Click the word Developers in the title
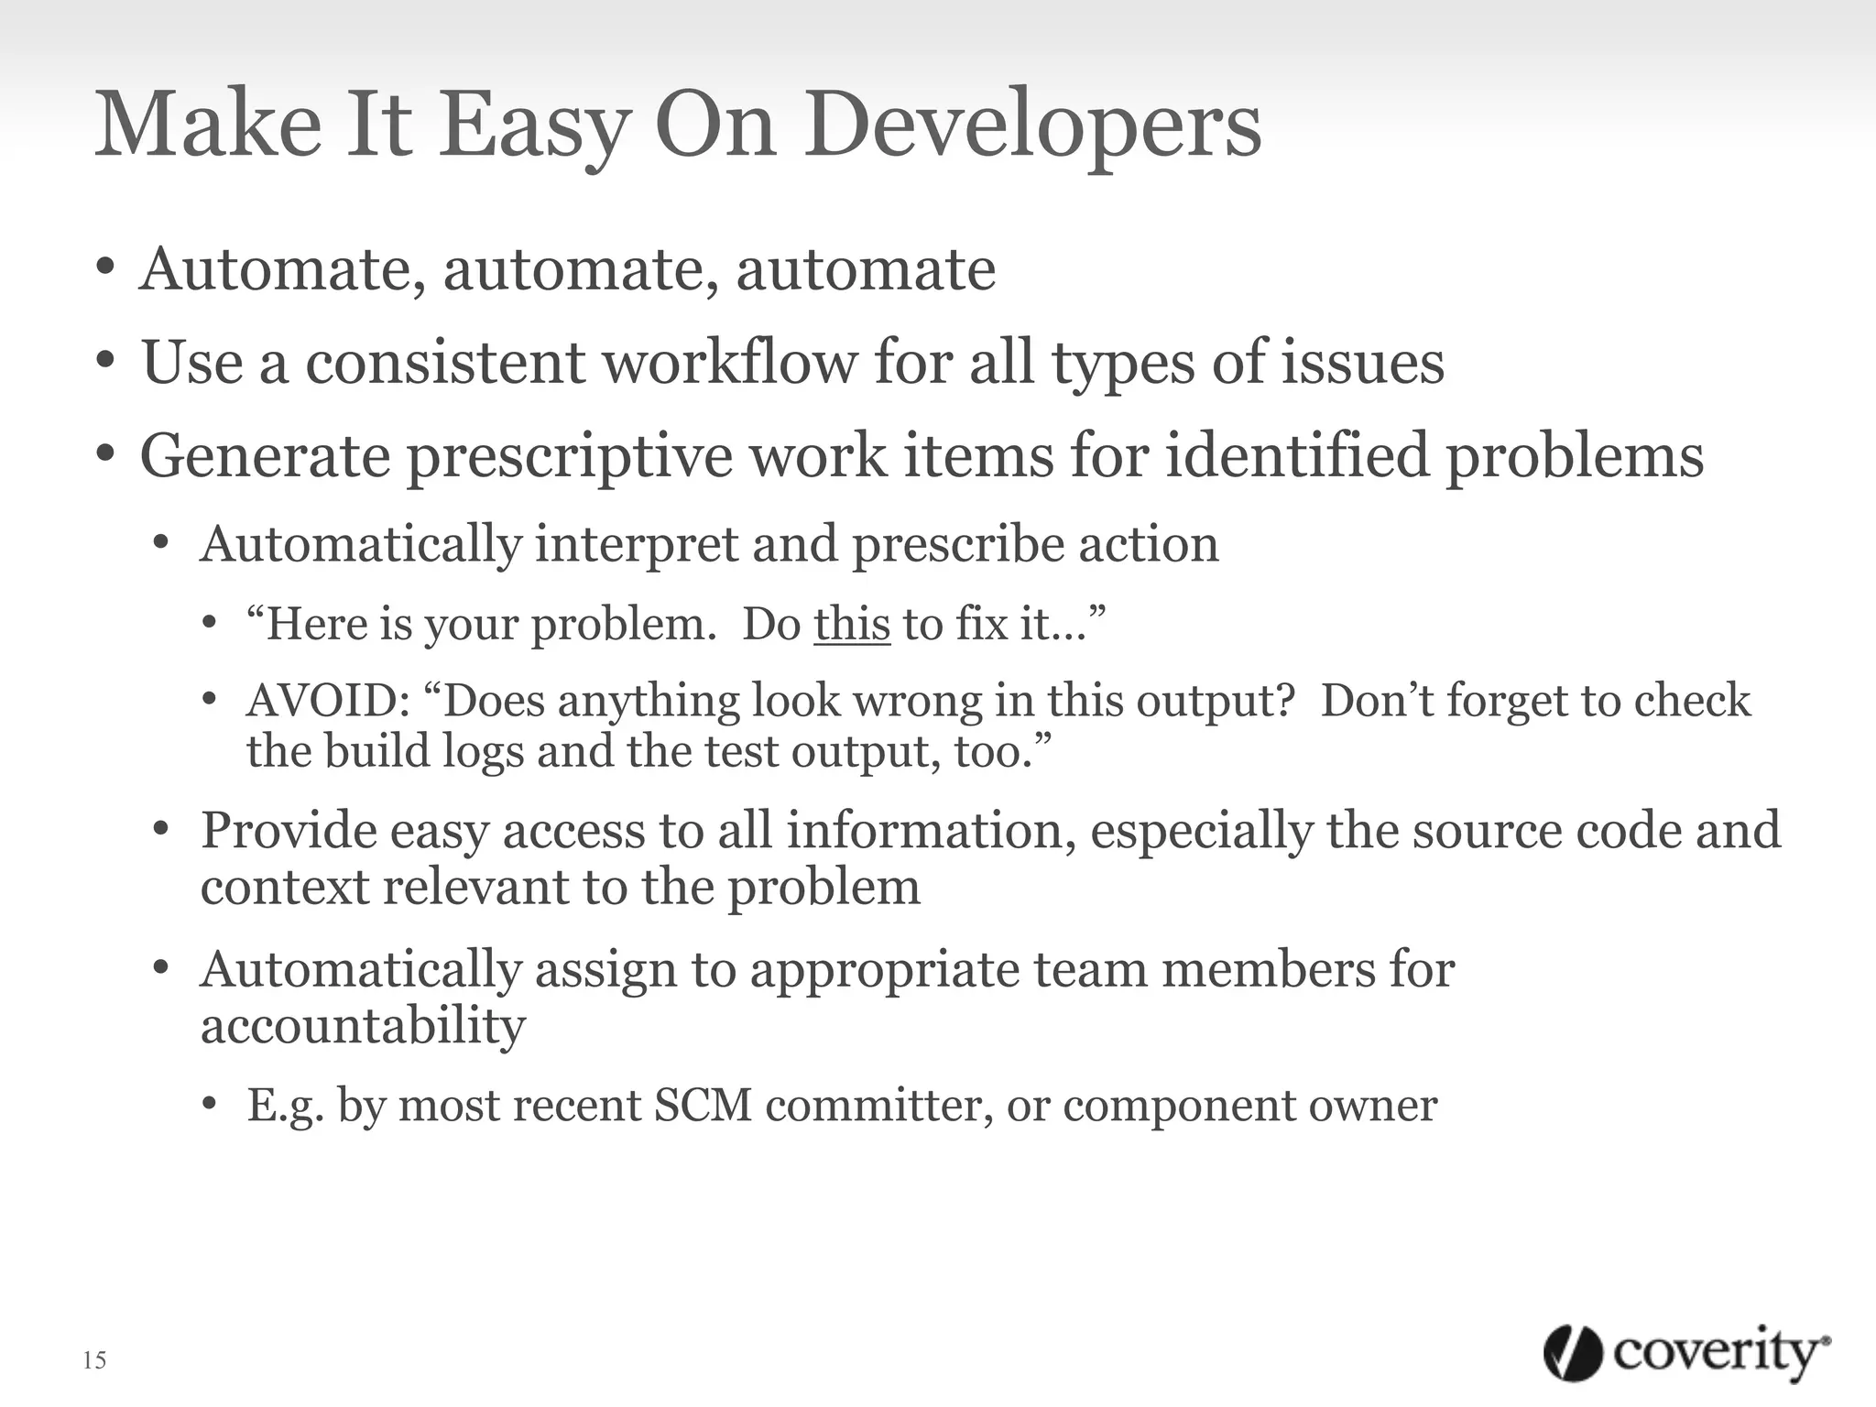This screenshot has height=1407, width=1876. [1033, 126]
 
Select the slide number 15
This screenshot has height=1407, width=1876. [94, 1359]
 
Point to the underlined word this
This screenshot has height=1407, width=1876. [852, 624]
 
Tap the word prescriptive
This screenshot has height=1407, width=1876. [570, 456]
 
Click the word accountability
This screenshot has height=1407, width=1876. [363, 1026]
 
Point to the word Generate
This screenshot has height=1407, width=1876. [265, 456]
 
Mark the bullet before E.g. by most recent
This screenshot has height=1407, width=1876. [210, 1105]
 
